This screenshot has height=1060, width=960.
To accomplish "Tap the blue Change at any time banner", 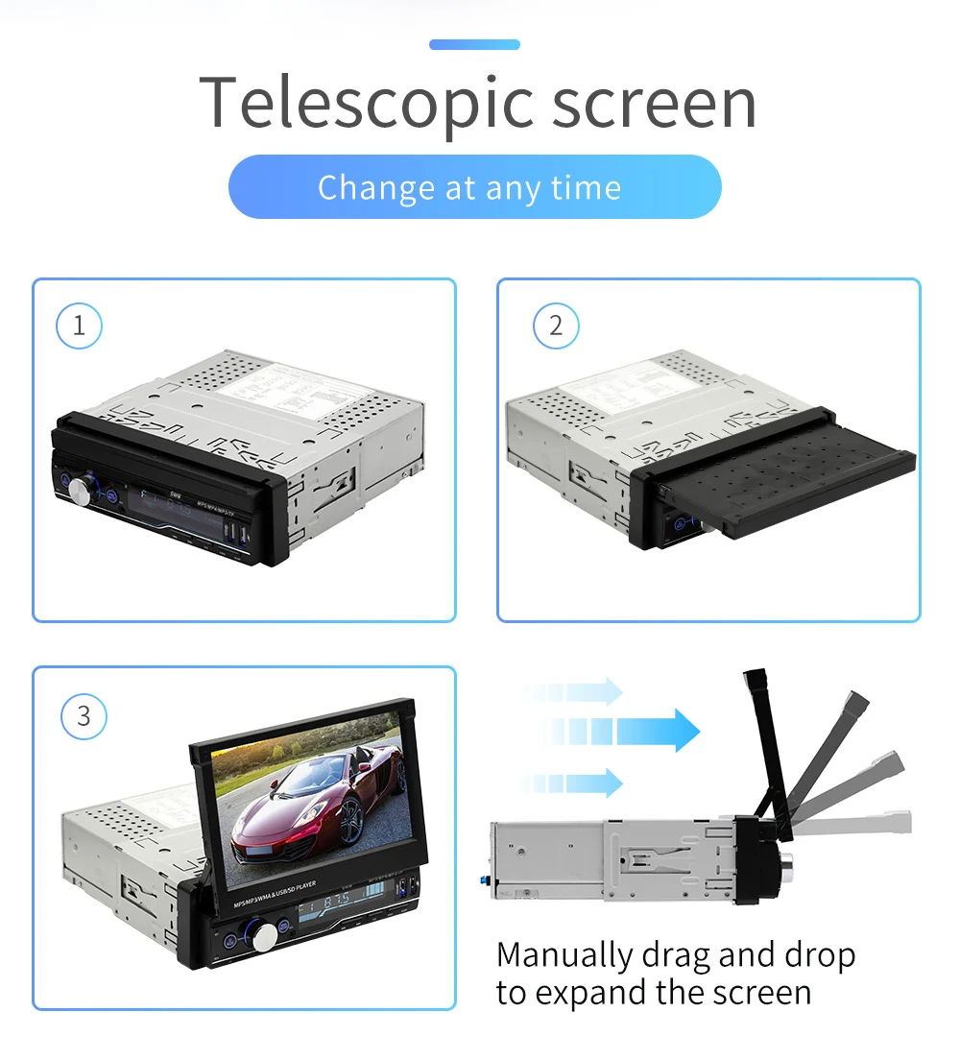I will point(474,187).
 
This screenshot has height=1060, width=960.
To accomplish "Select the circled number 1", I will point(79,325).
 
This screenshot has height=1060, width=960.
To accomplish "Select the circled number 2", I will point(556,325).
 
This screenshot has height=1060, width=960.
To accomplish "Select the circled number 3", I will point(84,716).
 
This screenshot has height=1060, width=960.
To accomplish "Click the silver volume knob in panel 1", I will point(80,491).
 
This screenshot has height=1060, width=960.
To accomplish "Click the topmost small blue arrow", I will point(576,691).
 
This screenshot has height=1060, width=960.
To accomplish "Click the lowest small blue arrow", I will point(576,783).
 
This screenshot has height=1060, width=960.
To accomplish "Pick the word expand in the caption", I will point(593,993).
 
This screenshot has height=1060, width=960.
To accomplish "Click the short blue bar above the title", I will point(474,44).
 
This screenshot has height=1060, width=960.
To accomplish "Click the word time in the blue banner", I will point(587,187).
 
